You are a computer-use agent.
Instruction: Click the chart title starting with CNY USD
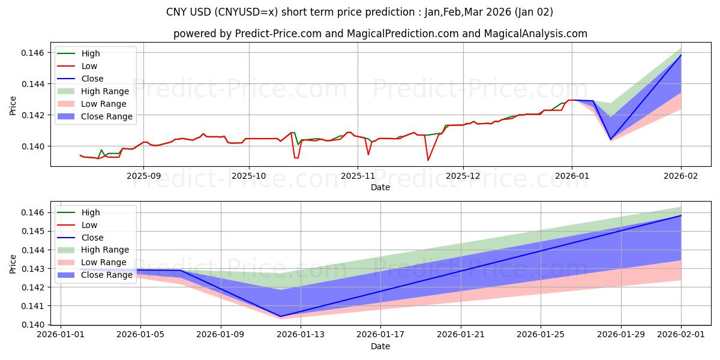coord(359,12)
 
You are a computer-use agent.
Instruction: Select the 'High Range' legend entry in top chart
coord(105,91)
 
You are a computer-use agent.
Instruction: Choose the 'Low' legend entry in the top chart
coord(89,66)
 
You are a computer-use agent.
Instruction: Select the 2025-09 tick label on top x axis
coord(143,176)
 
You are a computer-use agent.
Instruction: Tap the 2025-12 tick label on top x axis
coord(463,176)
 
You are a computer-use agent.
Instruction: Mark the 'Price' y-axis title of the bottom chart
coord(13,264)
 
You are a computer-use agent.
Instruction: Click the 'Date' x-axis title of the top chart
coord(380,187)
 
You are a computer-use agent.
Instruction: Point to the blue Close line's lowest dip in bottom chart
coord(280,316)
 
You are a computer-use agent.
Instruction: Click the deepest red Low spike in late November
coord(428,160)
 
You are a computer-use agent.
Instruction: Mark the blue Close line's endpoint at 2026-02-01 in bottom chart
coord(681,215)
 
